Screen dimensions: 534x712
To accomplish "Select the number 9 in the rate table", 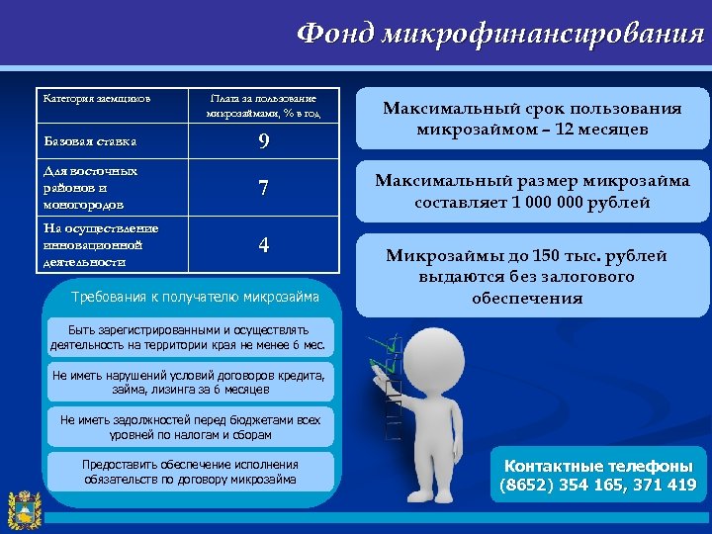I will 263,141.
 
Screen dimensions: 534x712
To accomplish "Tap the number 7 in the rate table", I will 263,188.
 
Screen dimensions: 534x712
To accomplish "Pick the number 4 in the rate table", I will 263,245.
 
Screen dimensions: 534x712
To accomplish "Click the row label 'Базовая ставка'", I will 89,141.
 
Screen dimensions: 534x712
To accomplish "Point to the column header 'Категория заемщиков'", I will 96,99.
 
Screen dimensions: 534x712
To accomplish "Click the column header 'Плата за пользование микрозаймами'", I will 263,106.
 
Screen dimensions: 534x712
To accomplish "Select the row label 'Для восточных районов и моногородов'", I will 90,188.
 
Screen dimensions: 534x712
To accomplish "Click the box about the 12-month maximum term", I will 533,119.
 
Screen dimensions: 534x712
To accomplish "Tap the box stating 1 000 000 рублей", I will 533,192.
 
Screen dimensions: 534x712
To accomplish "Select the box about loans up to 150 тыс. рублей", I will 533,276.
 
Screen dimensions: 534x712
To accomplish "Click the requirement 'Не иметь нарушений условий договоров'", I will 190,383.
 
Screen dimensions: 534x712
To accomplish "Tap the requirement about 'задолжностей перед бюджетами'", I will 190,427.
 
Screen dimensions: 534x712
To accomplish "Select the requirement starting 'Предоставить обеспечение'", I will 190,473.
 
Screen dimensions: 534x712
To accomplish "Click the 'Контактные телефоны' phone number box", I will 597,476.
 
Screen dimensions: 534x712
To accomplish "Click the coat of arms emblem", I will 22,508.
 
